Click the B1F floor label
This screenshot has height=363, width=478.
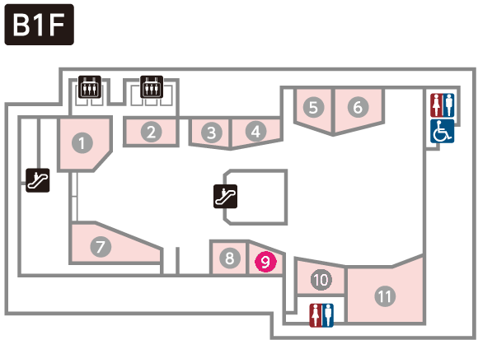coord(39,25)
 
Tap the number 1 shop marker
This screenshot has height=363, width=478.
coord(82,143)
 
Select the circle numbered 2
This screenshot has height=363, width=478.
coord(151,132)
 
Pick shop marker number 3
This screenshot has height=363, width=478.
coord(212,133)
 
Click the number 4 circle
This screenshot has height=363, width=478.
coord(255,131)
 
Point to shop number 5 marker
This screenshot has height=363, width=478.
coord(314,107)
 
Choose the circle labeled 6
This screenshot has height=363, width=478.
coord(358,107)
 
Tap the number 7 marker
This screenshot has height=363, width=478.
coord(101,247)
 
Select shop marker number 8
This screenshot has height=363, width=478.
coord(230,258)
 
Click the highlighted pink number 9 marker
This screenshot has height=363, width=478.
coord(266,262)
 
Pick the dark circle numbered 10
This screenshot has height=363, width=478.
coord(321,280)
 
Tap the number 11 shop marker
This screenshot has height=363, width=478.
coord(385,296)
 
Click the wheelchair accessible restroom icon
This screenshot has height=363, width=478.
coord(442,131)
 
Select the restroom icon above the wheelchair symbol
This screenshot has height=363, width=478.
coord(442,105)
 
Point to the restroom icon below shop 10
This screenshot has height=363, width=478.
coord(321,315)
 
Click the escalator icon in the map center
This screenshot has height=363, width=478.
coord(225,197)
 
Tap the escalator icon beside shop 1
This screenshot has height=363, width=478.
coord(37,180)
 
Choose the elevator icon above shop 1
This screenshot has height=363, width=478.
coord(90,87)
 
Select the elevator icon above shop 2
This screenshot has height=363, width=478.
coord(152,87)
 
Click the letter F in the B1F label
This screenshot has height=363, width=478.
coord(56,26)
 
